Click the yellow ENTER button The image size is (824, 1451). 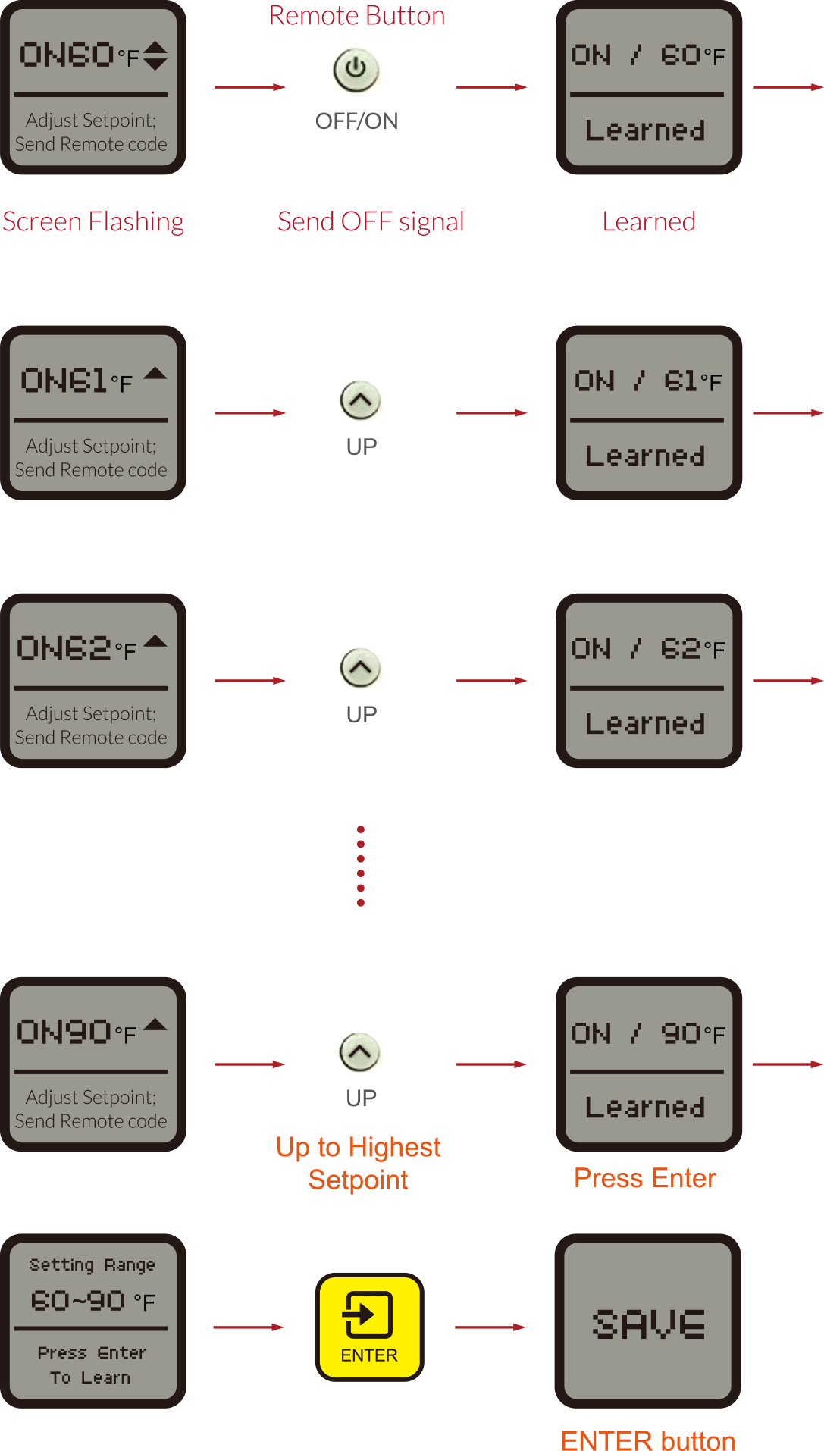click(369, 1326)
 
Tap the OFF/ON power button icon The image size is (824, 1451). click(356, 69)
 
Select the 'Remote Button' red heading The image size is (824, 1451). click(357, 16)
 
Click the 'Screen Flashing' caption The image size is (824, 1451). click(93, 222)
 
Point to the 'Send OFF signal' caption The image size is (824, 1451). click(371, 222)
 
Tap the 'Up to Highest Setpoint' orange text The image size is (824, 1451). click(359, 1164)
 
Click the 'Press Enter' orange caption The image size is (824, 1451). click(645, 1178)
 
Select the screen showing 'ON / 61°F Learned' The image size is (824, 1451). click(648, 412)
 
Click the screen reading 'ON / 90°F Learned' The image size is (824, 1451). click(648, 1064)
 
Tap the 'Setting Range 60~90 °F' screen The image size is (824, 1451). click(92, 1321)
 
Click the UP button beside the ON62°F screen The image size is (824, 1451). click(361, 667)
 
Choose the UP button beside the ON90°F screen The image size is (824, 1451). click(360, 1051)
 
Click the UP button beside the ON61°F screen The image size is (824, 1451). click(361, 400)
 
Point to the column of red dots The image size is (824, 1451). click(361, 866)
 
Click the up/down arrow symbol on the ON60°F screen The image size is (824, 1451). click(155, 55)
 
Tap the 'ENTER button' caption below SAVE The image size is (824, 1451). click(648, 1440)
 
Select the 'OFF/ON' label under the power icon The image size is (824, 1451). click(356, 121)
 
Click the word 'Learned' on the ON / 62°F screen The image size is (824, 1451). click(645, 724)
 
